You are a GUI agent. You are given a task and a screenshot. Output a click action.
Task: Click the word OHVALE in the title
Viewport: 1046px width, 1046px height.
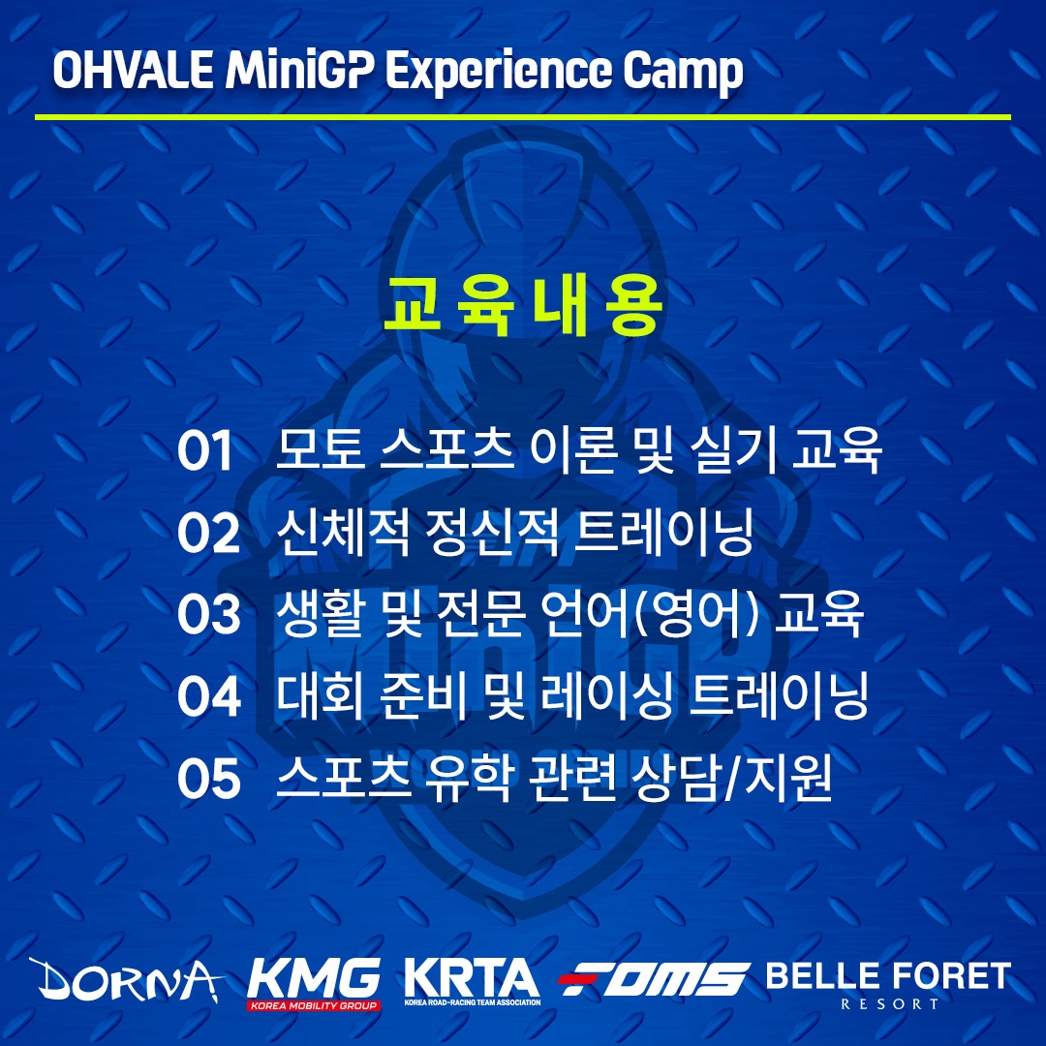[134, 70]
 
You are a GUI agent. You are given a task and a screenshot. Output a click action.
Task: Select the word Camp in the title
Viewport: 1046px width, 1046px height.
[683, 72]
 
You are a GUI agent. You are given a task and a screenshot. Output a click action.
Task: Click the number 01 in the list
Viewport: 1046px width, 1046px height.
[204, 451]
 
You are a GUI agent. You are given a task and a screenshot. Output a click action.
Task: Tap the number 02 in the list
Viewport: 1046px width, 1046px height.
[208, 533]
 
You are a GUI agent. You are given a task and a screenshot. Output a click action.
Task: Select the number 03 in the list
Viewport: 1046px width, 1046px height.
[208, 614]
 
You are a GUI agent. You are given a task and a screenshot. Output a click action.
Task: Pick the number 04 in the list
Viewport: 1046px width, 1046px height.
[209, 696]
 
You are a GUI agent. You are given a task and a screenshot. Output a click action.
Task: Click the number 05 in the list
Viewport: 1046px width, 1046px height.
[209, 779]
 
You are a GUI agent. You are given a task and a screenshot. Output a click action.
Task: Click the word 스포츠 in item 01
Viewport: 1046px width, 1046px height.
[446, 450]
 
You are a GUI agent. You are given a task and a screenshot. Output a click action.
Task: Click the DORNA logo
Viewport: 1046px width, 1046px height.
[126, 980]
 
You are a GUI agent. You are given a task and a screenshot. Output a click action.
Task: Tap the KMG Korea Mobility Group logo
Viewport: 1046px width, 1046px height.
[314, 984]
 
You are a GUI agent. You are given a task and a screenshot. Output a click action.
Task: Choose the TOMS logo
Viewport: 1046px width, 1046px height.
[654, 979]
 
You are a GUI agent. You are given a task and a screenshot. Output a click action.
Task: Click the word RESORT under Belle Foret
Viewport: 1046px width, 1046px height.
[890, 1004]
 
